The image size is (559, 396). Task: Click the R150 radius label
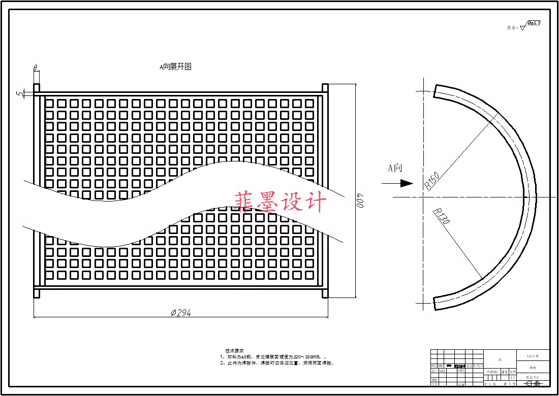(x=432, y=181)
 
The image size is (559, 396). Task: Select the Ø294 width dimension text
(x=180, y=313)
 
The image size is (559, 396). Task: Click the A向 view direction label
(x=395, y=168)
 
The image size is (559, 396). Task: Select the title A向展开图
(x=175, y=67)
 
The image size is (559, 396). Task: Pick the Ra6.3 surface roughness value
(x=534, y=23)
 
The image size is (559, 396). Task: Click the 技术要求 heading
(x=234, y=351)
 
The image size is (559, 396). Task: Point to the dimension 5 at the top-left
(x=19, y=94)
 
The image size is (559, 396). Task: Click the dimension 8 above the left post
(x=36, y=68)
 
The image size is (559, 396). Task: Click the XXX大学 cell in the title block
(x=533, y=357)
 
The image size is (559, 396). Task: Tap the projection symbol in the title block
(x=534, y=383)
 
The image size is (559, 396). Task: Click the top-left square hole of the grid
(x=49, y=103)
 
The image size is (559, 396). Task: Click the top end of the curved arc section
(x=438, y=91)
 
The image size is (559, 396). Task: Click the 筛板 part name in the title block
(x=533, y=368)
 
